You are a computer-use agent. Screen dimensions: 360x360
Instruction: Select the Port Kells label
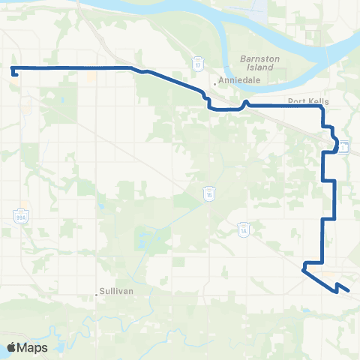[x=304, y=101]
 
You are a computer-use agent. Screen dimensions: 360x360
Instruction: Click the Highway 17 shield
[x=198, y=65]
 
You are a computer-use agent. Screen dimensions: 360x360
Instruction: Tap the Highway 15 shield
[x=208, y=194]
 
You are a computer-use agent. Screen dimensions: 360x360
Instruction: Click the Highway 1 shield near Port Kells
[x=343, y=146]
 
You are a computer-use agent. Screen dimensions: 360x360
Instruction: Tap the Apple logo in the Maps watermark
[x=13, y=347]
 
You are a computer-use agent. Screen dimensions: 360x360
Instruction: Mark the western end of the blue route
[x=13, y=73]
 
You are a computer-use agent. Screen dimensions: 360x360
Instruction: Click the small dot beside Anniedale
[x=215, y=83]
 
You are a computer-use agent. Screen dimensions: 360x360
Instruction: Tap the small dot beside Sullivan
[x=98, y=292]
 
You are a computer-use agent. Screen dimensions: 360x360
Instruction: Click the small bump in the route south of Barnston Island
[x=246, y=102]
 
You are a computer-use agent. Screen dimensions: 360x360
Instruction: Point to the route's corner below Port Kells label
[x=322, y=108]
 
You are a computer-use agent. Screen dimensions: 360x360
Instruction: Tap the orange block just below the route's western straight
[x=91, y=76]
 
